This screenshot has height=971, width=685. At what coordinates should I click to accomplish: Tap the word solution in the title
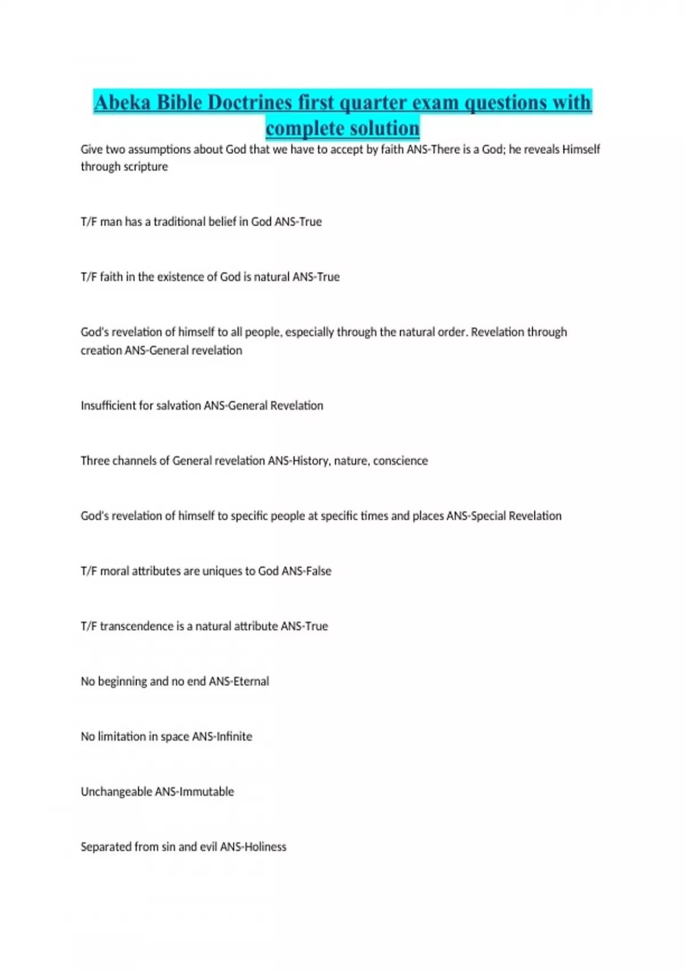pyautogui.click(x=384, y=128)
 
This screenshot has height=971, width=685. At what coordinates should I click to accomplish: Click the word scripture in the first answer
pyautogui.click(x=146, y=167)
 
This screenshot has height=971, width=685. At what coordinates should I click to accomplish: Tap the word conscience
pyautogui.click(x=400, y=461)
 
